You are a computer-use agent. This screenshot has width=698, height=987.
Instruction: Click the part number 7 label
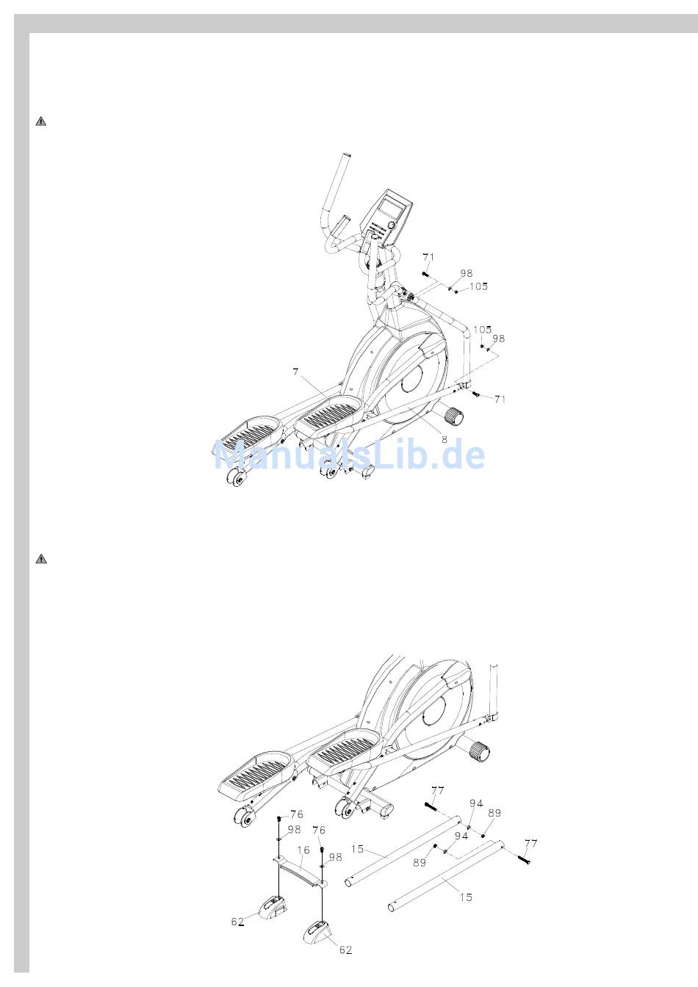pyautogui.click(x=295, y=372)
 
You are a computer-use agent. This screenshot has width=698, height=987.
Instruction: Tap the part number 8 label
pyautogui.click(x=445, y=439)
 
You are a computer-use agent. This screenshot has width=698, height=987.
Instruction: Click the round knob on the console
pyautogui.click(x=391, y=225)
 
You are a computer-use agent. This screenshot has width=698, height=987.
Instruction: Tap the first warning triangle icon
pyautogui.click(x=41, y=121)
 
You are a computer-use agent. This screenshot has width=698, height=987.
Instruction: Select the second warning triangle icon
pyautogui.click(x=41, y=559)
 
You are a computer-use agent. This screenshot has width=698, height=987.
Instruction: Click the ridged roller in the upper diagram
pyautogui.click(x=454, y=416)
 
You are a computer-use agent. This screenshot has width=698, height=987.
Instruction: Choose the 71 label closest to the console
pyautogui.click(x=428, y=257)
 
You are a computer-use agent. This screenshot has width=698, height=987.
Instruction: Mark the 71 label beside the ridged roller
pyautogui.click(x=500, y=399)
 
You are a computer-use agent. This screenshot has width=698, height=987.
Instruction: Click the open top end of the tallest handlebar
pyautogui.click(x=348, y=155)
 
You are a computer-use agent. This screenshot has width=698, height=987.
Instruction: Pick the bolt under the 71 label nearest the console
pyautogui.click(x=425, y=274)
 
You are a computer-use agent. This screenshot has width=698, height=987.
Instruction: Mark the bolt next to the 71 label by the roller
pyautogui.click(x=476, y=394)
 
